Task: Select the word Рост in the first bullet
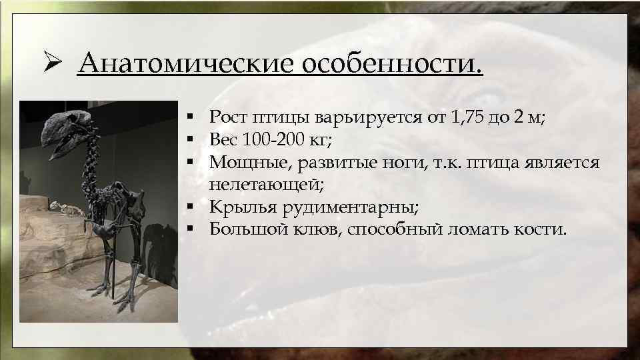[229, 119]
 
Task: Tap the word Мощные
[243, 163]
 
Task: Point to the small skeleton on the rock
[67, 209]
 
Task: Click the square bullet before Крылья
[191, 208]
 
